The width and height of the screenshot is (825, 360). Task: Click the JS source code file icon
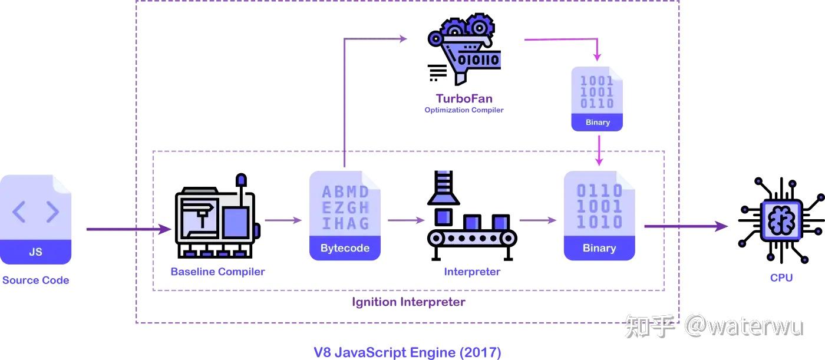[35, 219]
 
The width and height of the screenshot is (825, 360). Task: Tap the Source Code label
[35, 280]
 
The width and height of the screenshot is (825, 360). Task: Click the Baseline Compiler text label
[217, 272]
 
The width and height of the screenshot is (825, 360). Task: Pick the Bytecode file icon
[345, 216]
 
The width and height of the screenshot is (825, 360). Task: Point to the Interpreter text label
[472, 272]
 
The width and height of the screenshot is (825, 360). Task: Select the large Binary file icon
[599, 216]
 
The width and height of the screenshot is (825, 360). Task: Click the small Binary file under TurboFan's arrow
[597, 98]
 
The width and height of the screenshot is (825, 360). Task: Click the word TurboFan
[464, 98]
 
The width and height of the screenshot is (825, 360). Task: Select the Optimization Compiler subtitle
[464, 110]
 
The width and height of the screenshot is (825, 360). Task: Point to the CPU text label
[781, 278]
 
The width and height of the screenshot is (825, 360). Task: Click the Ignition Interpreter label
[408, 302]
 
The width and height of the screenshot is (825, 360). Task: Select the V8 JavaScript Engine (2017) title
[407, 352]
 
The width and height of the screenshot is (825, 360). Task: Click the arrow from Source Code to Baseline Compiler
[127, 229]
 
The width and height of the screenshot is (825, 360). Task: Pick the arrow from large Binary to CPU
[684, 226]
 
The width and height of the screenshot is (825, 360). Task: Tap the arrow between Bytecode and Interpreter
[405, 220]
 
